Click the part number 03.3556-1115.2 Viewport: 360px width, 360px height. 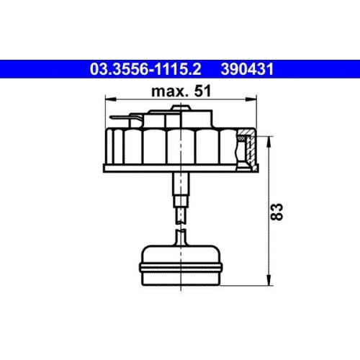[145, 69]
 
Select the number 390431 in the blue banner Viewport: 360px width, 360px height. [247, 69]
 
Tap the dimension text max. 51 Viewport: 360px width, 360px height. [181, 91]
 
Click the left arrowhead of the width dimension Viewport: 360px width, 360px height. [111, 99]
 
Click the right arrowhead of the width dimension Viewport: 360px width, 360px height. [251, 99]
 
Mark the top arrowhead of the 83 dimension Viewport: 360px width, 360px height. [269, 142]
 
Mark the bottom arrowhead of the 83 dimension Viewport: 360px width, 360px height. [269, 280]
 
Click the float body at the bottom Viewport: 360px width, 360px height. [180, 266]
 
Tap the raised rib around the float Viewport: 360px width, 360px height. [181, 268]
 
